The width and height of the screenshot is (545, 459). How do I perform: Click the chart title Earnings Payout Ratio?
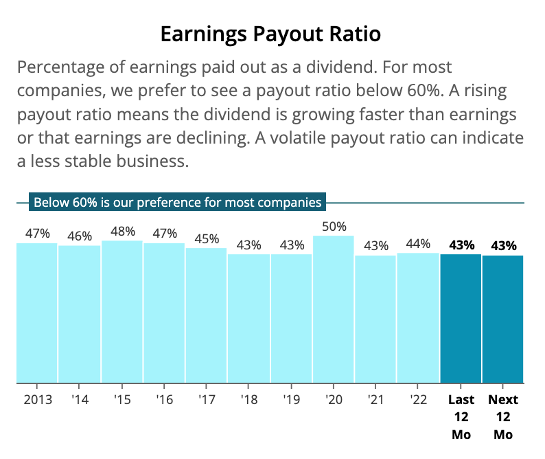[270, 34]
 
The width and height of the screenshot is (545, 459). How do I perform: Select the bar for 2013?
[37, 313]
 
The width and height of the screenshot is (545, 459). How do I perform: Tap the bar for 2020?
[334, 309]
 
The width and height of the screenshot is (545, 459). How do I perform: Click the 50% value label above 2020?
[334, 226]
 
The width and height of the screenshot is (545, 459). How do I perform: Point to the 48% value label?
[122, 231]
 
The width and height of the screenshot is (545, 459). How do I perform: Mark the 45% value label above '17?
[207, 238]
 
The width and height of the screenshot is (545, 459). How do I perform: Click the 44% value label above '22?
[418, 243]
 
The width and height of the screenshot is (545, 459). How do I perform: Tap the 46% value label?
[80, 236]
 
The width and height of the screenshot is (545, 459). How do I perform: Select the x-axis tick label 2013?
[37, 400]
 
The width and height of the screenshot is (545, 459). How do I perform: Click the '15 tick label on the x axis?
[122, 400]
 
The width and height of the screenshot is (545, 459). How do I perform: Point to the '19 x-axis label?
[292, 400]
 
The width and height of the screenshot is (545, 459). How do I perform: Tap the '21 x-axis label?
[376, 400]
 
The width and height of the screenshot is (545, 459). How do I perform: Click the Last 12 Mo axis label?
[461, 417]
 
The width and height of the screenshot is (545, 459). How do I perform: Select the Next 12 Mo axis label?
[503, 417]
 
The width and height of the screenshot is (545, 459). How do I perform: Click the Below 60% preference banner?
[178, 203]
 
